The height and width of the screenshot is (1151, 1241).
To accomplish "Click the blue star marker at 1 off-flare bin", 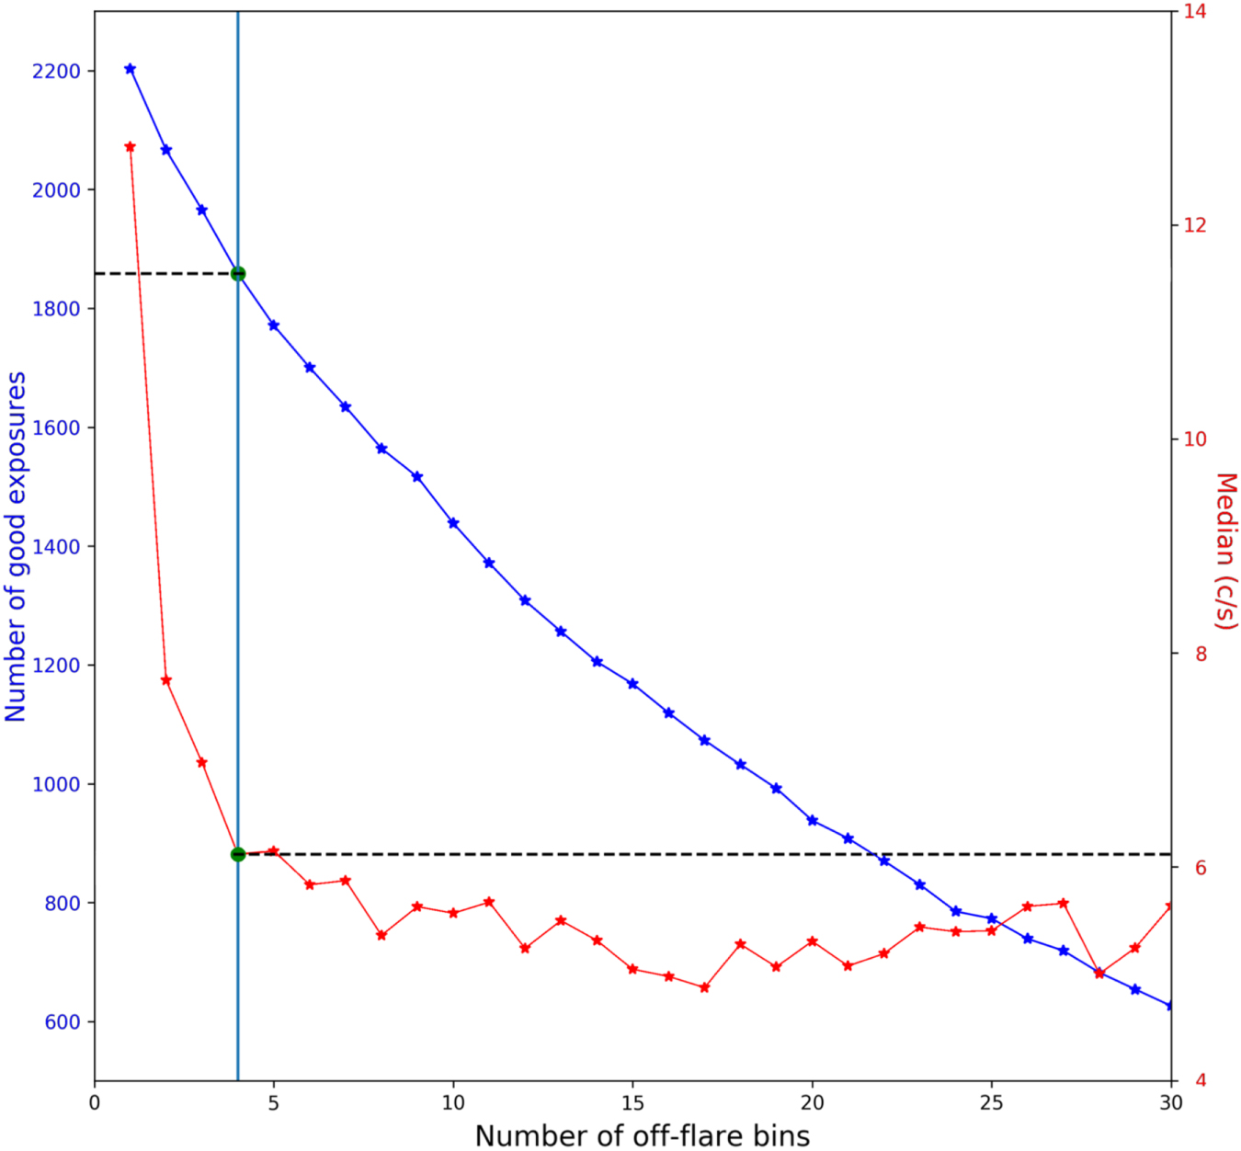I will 130,69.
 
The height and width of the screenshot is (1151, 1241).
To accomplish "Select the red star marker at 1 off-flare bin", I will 130,147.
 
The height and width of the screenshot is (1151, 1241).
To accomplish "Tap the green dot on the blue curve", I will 238,274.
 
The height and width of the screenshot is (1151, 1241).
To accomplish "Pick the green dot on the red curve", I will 238,855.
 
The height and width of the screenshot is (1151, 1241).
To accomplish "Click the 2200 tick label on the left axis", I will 56,72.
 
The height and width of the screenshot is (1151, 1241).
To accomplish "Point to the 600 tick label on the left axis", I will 63,1022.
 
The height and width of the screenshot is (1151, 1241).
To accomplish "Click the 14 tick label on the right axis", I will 1195,12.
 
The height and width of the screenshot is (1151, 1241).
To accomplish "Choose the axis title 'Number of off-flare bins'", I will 642,1136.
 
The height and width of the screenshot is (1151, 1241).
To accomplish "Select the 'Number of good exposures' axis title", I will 16,546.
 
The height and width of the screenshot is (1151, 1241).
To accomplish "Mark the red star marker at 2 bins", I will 166,680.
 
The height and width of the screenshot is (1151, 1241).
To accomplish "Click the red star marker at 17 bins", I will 704,987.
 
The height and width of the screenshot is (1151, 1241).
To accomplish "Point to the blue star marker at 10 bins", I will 453,523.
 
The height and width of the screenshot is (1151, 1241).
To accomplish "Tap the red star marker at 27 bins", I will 1064,904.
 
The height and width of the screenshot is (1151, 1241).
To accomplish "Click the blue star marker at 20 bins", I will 812,820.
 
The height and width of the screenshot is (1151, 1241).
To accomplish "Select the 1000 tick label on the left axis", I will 56,784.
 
